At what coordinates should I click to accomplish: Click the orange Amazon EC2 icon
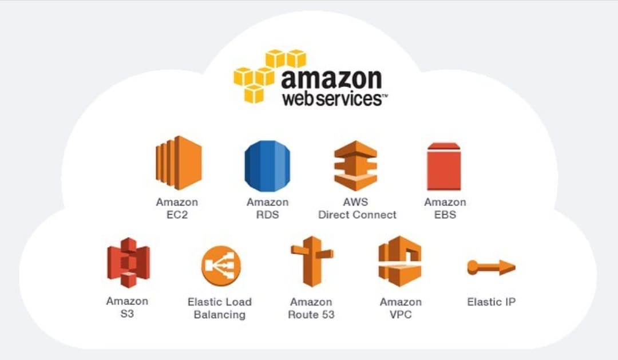[x=178, y=163]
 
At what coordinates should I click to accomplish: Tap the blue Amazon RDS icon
[x=267, y=165]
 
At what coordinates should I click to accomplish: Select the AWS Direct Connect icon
[x=356, y=165]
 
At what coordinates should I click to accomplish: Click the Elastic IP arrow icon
[x=491, y=267]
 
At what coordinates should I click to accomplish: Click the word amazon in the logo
[x=331, y=78]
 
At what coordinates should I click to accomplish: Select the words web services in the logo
[x=333, y=98]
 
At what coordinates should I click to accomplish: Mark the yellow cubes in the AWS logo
[x=268, y=74]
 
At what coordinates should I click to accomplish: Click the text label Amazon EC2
[x=177, y=208]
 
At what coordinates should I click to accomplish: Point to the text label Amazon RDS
[x=267, y=208]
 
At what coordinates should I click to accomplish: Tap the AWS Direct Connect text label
[x=356, y=208]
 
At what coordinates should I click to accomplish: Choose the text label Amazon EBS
[x=445, y=208]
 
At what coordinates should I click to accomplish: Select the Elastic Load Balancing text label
[x=220, y=308]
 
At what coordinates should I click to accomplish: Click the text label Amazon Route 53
[x=311, y=308]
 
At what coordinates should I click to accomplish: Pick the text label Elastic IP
[x=491, y=302]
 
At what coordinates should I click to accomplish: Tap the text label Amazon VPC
[x=400, y=308]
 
